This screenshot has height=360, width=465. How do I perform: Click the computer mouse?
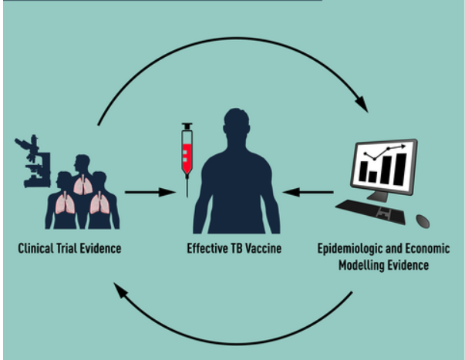423,220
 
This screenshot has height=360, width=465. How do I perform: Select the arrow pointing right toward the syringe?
150,191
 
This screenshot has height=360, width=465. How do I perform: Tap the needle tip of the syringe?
186,193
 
